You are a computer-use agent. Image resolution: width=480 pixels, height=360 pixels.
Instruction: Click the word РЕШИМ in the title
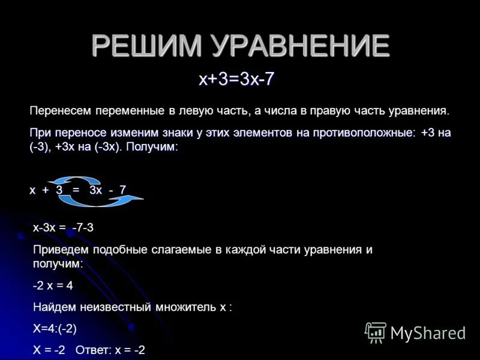142,46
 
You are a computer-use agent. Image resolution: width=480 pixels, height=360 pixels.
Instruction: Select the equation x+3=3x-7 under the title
237,80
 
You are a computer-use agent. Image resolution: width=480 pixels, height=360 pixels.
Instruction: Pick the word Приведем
61,250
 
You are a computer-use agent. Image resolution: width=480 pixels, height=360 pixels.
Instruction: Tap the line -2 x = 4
53,286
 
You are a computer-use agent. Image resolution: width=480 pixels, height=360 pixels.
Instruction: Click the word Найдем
54,307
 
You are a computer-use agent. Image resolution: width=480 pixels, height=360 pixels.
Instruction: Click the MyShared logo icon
376,332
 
